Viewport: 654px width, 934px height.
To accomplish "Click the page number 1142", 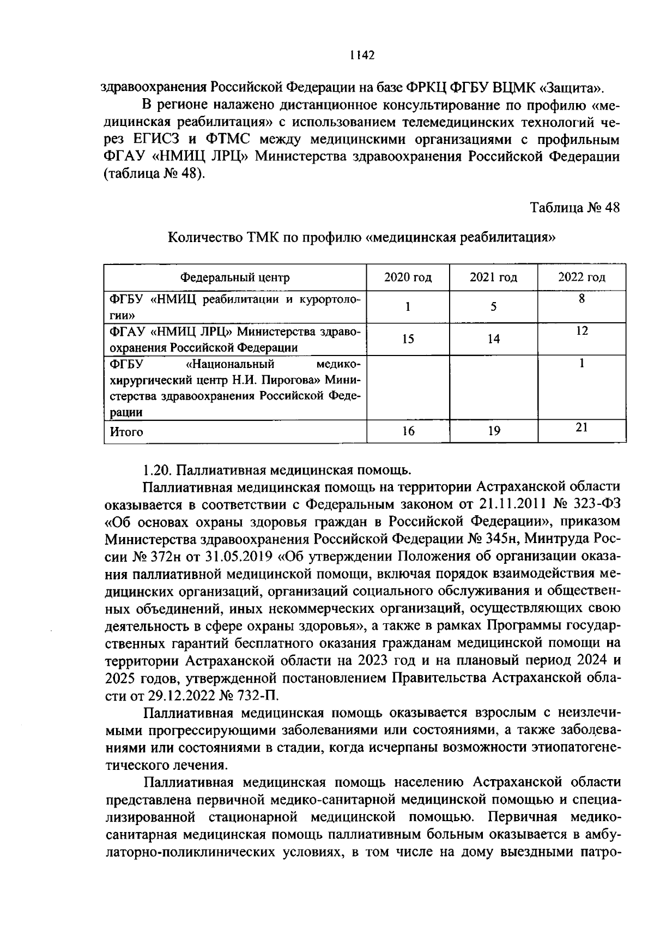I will pyautogui.click(x=362, y=56).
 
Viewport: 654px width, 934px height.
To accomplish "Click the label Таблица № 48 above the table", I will pyautogui.click(x=575, y=208).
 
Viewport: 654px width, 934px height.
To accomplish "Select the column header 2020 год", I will pyautogui.click(x=408, y=278).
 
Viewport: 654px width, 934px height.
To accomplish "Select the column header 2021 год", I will pyautogui.click(x=493, y=278).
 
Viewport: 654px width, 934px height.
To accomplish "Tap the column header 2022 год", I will pyautogui.click(x=582, y=278).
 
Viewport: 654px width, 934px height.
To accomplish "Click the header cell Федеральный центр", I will pyautogui.click(x=235, y=278).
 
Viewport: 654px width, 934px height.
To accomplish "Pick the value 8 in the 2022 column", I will pyautogui.click(x=582, y=299).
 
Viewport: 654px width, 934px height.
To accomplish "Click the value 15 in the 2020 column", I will pyautogui.click(x=408, y=339).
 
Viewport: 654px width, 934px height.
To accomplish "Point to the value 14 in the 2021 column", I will pyautogui.click(x=493, y=339).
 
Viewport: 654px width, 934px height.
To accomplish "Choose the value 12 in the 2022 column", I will pyautogui.click(x=582, y=331).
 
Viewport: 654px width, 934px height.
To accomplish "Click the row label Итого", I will pyautogui.click(x=126, y=432).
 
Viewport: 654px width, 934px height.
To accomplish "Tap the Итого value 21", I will pyautogui.click(x=582, y=427).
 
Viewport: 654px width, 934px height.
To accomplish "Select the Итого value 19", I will pyautogui.click(x=494, y=432).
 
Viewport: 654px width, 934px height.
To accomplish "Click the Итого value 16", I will pyautogui.click(x=408, y=432).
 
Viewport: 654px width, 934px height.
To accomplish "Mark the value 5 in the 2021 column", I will pyautogui.click(x=493, y=307).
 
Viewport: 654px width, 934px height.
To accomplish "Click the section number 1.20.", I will pyautogui.click(x=158, y=469).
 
